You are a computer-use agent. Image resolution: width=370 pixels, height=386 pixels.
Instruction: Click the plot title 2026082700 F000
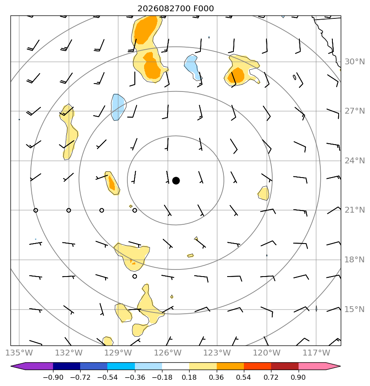point(176,9)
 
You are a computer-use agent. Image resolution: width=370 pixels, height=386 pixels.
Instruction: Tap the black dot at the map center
point(176,181)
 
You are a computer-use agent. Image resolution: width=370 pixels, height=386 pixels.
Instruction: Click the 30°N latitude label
point(355,61)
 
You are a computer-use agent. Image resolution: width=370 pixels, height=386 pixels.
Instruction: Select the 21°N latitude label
point(355,210)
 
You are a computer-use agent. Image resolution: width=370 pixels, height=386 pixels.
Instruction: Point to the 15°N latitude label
point(355,309)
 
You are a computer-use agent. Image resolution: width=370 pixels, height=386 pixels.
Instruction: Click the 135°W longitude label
point(19,353)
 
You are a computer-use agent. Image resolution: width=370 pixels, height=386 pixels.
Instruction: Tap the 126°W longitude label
point(168,353)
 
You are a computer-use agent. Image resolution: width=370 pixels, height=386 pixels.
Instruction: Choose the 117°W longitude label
point(316,353)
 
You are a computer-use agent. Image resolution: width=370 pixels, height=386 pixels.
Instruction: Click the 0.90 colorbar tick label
point(298,377)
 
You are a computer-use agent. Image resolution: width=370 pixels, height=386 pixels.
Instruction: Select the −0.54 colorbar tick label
point(107,377)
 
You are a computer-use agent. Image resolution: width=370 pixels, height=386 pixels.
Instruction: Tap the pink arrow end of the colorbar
point(319,366)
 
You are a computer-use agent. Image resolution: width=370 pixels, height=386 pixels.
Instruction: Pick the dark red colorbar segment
point(285,366)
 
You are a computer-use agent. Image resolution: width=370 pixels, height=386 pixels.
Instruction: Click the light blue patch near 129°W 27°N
point(118,107)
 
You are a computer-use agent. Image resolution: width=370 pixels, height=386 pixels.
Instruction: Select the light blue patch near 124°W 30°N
point(193,67)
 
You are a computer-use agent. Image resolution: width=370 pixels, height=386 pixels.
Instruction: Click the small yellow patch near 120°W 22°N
point(264,193)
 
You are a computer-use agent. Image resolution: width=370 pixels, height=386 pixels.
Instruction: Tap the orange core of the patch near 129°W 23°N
point(112,183)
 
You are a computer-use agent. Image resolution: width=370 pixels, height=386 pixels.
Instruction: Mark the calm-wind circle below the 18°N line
point(134,276)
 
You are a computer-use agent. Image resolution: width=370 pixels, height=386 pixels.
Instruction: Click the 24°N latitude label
point(355,161)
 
